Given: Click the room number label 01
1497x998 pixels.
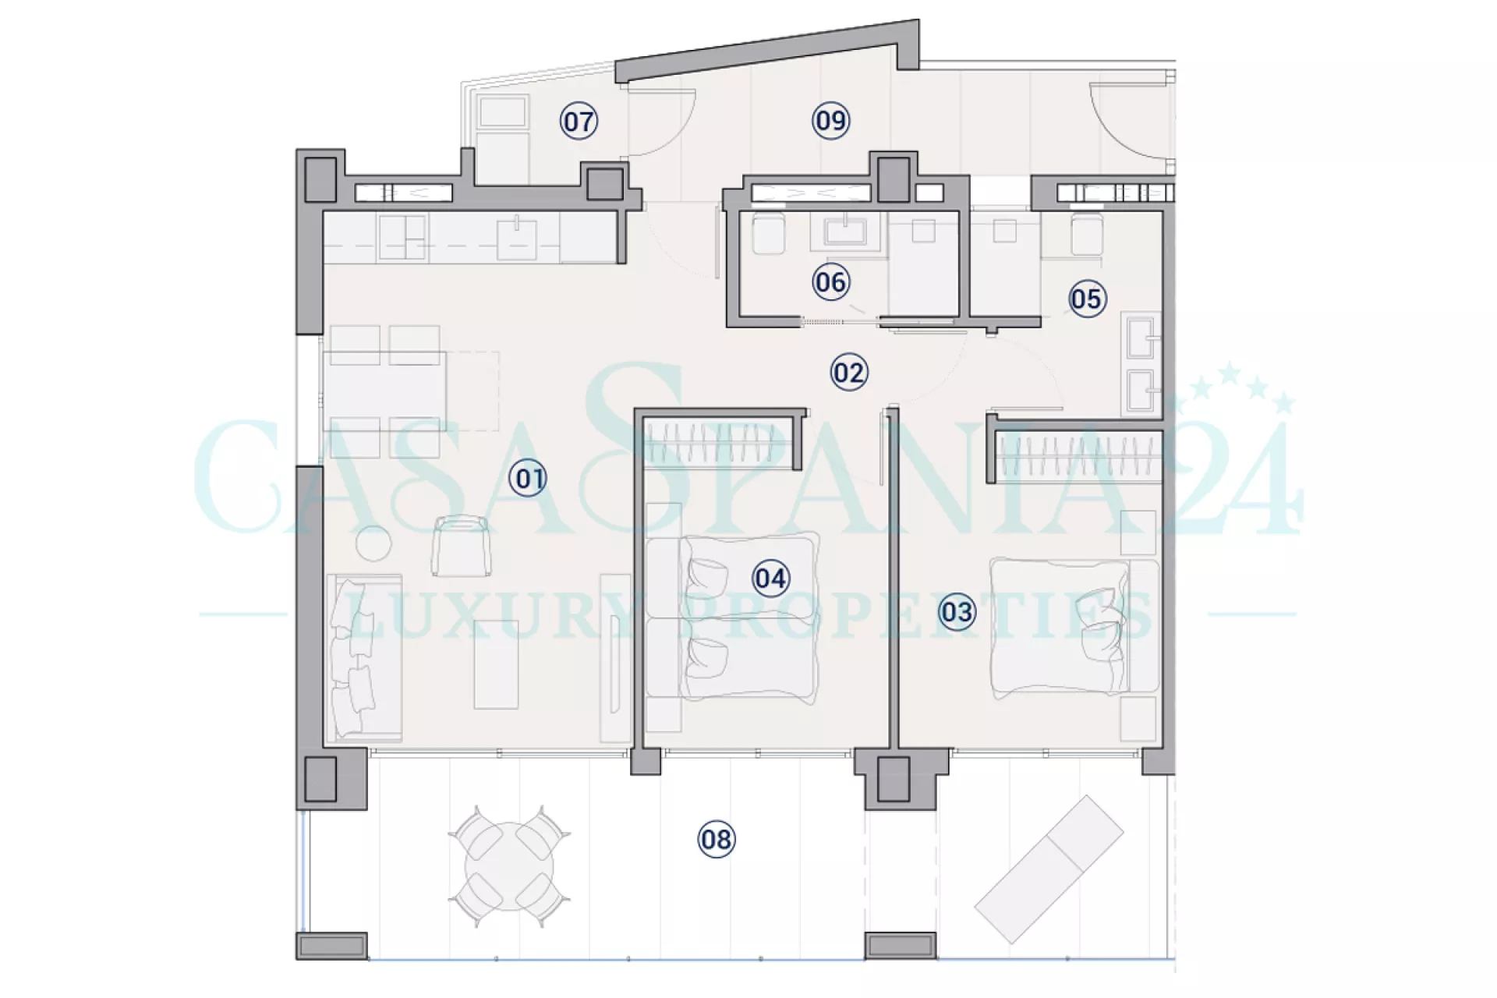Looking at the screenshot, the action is [x=528, y=478].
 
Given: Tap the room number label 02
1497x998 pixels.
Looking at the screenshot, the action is [x=848, y=373].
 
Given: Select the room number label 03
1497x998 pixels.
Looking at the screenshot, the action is [x=956, y=611].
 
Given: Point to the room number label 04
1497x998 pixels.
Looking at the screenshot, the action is [x=770, y=578].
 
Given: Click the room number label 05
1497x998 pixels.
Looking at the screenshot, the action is [x=1087, y=299].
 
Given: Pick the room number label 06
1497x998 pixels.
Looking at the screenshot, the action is [x=830, y=281].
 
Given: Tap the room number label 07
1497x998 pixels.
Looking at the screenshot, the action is [x=579, y=121].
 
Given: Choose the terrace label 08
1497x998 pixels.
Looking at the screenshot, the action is [x=716, y=839].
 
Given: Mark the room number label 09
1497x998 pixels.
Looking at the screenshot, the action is [x=830, y=120].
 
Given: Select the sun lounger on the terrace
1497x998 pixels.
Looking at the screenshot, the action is [x=1049, y=869].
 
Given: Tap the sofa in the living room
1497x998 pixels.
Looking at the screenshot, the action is [x=364, y=658].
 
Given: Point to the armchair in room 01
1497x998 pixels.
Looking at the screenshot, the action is [x=462, y=546].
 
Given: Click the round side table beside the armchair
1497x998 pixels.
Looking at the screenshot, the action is [x=373, y=543].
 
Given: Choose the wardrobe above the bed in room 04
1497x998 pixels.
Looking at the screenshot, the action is [x=719, y=442].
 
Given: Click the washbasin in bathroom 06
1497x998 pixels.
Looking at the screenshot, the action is [x=846, y=231].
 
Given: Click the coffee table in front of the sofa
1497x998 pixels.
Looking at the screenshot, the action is [x=496, y=664].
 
